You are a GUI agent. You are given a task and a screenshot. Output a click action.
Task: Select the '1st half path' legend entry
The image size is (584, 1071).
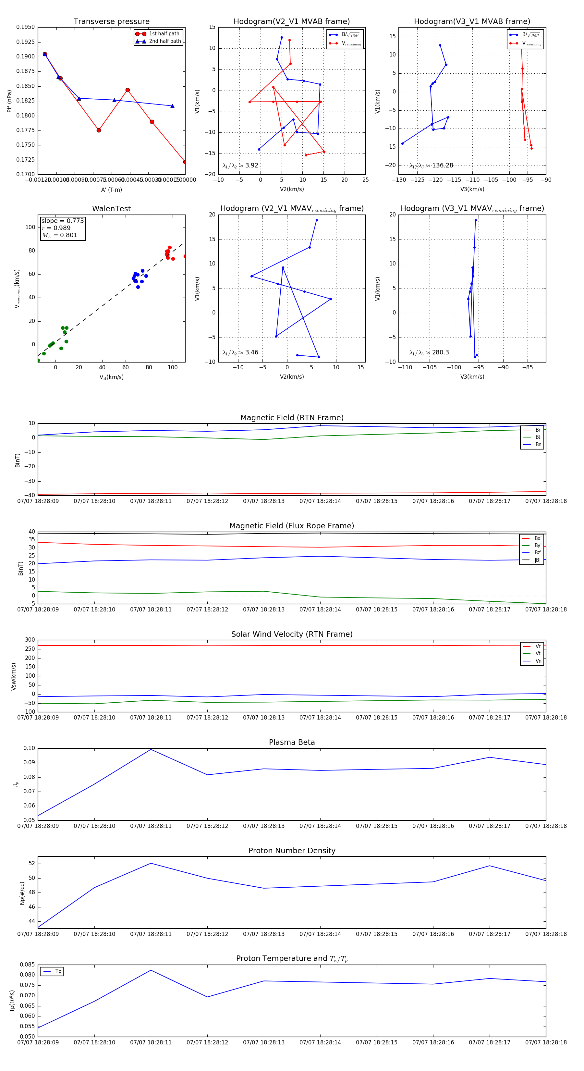pos(164,34)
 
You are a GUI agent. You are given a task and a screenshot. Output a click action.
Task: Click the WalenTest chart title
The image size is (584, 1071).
pos(111,209)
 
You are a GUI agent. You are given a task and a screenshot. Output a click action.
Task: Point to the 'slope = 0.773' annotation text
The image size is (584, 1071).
pos(62,221)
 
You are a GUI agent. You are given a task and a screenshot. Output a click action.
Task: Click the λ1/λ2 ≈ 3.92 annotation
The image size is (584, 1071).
pos(240,166)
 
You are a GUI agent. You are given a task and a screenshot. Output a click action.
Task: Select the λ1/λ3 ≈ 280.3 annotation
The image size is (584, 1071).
pos(429,352)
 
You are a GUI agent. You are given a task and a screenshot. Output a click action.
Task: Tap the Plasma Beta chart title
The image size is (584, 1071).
pos(292,742)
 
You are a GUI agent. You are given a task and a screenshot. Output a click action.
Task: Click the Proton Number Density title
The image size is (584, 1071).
pos(292,851)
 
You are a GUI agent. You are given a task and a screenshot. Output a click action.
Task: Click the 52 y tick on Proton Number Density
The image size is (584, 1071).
pos(32,864)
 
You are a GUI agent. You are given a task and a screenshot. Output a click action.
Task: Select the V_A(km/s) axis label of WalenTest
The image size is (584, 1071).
pos(111,377)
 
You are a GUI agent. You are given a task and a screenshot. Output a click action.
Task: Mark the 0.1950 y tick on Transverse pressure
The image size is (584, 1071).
pos(25,27)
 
